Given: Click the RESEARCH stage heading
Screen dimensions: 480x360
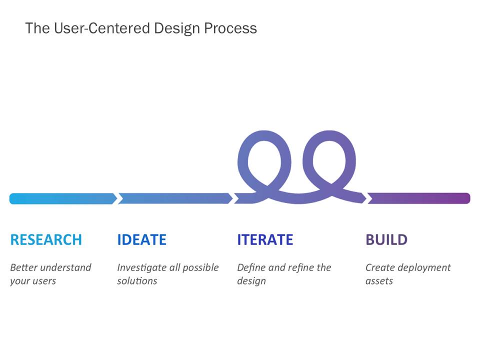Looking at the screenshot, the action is (46, 239).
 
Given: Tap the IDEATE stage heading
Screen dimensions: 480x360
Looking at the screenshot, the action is (141, 239).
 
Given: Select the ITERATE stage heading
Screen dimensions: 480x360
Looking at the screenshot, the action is (265, 239).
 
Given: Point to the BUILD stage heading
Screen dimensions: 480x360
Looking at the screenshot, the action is (386, 239).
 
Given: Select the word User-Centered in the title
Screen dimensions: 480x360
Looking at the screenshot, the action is (102, 28).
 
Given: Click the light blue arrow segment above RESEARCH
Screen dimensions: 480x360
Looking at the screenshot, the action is (63, 198).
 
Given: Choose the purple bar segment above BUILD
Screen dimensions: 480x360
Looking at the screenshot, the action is (419, 198).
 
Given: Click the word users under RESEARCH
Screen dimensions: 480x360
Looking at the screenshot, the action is (44, 281).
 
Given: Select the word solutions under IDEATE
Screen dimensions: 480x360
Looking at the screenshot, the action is (137, 280).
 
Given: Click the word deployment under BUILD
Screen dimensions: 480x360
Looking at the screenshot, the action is (425, 268).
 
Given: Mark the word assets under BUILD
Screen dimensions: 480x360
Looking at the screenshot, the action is (379, 281).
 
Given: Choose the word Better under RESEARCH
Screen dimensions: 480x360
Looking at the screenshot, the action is (24, 267).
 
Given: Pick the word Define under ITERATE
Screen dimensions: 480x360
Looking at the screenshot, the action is (251, 267).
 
